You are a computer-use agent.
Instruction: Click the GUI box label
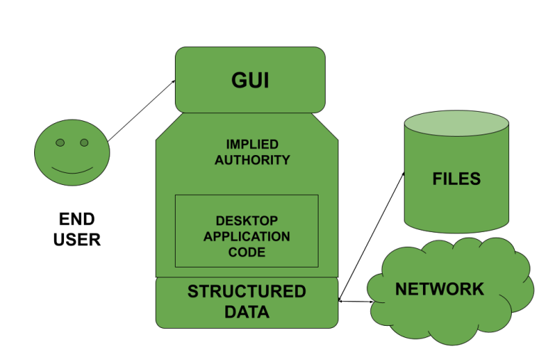point(250,80)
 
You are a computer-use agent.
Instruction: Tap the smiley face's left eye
point(60,143)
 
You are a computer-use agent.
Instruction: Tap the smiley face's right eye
point(84,143)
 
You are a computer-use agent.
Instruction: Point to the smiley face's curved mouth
point(72,171)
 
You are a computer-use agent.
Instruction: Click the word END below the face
point(77,219)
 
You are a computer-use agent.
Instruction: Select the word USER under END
point(77,240)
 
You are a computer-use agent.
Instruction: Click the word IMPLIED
point(252,144)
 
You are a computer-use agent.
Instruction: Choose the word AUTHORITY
point(252,160)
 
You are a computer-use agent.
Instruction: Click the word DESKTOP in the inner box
point(247,221)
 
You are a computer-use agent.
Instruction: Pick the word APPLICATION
point(247,236)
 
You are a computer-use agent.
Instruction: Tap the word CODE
point(247,252)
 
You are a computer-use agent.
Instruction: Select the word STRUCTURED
point(247,292)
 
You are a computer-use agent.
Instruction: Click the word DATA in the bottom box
point(247,312)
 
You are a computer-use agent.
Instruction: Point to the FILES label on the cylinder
point(456,179)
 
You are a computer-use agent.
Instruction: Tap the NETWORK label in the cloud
point(439,290)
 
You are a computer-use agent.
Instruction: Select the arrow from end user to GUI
point(142,110)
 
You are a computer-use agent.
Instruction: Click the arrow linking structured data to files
point(371,236)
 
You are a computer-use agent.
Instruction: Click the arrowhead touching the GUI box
point(173,83)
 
